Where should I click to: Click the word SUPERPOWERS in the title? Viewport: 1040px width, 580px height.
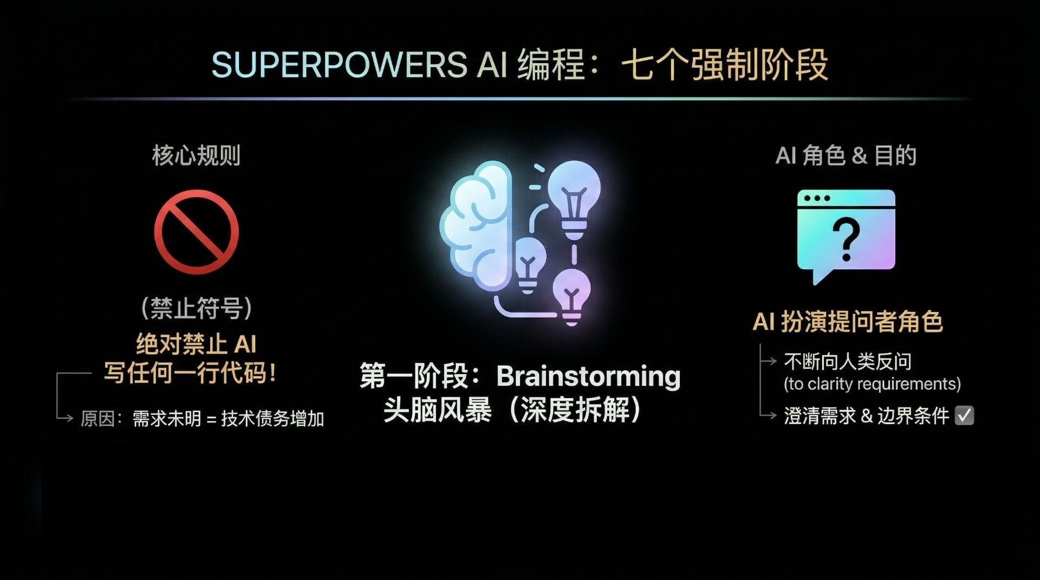point(339,65)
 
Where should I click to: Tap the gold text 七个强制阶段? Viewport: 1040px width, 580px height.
point(724,65)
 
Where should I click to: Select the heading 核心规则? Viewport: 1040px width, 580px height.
point(196,155)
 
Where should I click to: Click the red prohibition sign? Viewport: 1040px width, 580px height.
point(196,232)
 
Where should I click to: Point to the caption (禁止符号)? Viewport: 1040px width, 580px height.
point(196,308)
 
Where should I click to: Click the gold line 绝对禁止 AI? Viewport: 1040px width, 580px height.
point(196,344)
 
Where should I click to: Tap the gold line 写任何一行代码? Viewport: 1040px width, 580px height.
point(190,373)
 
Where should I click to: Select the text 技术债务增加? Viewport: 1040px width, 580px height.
point(272,419)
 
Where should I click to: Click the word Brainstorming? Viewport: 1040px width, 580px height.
point(588,376)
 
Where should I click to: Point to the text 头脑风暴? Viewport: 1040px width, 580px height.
point(438,410)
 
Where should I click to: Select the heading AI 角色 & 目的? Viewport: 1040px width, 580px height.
point(846,155)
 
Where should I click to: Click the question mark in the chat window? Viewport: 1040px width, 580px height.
point(846,239)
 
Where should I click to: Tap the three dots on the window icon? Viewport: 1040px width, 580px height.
point(817,198)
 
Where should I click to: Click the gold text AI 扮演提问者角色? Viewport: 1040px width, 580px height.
point(848,322)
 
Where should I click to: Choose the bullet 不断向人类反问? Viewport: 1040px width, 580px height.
point(848,361)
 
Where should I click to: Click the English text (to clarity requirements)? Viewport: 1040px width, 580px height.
point(872,384)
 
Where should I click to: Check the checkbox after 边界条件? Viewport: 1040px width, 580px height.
point(964,415)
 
